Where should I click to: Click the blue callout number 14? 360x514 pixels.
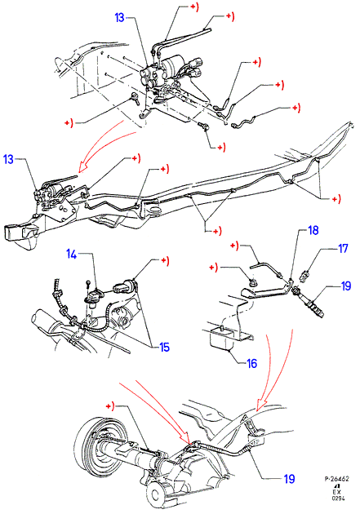72,254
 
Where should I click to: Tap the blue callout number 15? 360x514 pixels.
165,347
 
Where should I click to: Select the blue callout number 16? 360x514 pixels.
251,363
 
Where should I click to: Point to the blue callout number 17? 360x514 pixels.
343,248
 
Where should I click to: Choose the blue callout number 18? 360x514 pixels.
313,230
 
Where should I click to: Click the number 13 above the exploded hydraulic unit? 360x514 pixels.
120,17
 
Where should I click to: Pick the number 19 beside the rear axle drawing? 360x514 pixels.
289,479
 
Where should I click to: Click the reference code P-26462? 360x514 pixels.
336,479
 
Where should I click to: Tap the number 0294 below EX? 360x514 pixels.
338,498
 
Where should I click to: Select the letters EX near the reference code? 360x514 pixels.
337,492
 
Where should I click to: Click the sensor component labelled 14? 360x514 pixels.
94,296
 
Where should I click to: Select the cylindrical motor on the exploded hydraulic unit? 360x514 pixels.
172,64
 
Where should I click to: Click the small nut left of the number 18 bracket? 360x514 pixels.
251,282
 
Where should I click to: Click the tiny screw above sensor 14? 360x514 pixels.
87,282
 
